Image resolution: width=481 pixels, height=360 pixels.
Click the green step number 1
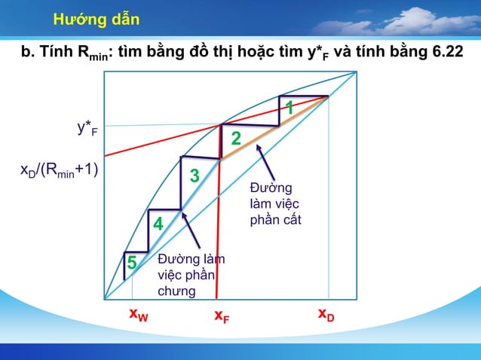(x=289, y=108)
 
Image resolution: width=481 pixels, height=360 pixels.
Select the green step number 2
(x=235, y=139)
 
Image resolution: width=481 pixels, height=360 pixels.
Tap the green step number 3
(x=195, y=176)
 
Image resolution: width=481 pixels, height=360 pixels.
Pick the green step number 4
(x=158, y=224)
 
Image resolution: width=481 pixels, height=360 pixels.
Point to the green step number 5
(x=132, y=263)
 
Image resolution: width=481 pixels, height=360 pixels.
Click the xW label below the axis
(x=138, y=314)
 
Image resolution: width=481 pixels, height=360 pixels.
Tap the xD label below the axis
(x=326, y=314)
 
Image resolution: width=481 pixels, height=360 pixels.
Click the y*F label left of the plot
(x=87, y=128)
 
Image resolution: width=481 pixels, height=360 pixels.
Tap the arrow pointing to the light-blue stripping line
(x=191, y=230)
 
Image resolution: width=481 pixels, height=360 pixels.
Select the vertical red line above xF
(x=218, y=226)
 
